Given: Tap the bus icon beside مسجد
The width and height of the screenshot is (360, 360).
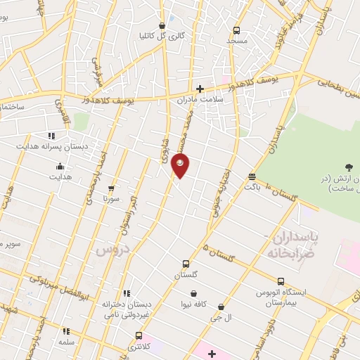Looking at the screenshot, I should click(x=236, y=31).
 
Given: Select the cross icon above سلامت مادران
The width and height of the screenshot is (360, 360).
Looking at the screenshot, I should click(x=200, y=89).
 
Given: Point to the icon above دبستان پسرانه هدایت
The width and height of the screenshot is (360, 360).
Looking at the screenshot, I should click(x=51, y=136).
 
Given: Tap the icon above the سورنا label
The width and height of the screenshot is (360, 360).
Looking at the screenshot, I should click(x=110, y=188).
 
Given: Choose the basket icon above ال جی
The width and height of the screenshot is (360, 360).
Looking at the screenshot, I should click(x=221, y=307).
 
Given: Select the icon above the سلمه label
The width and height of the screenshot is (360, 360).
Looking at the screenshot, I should click(x=67, y=330).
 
